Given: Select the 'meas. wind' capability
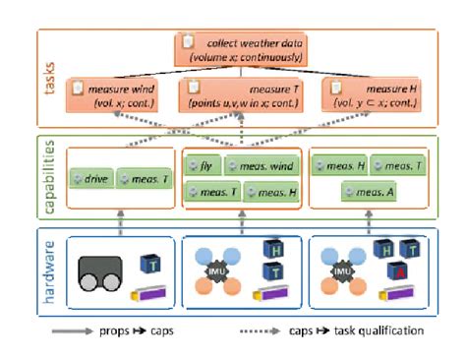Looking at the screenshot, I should (262, 166).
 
